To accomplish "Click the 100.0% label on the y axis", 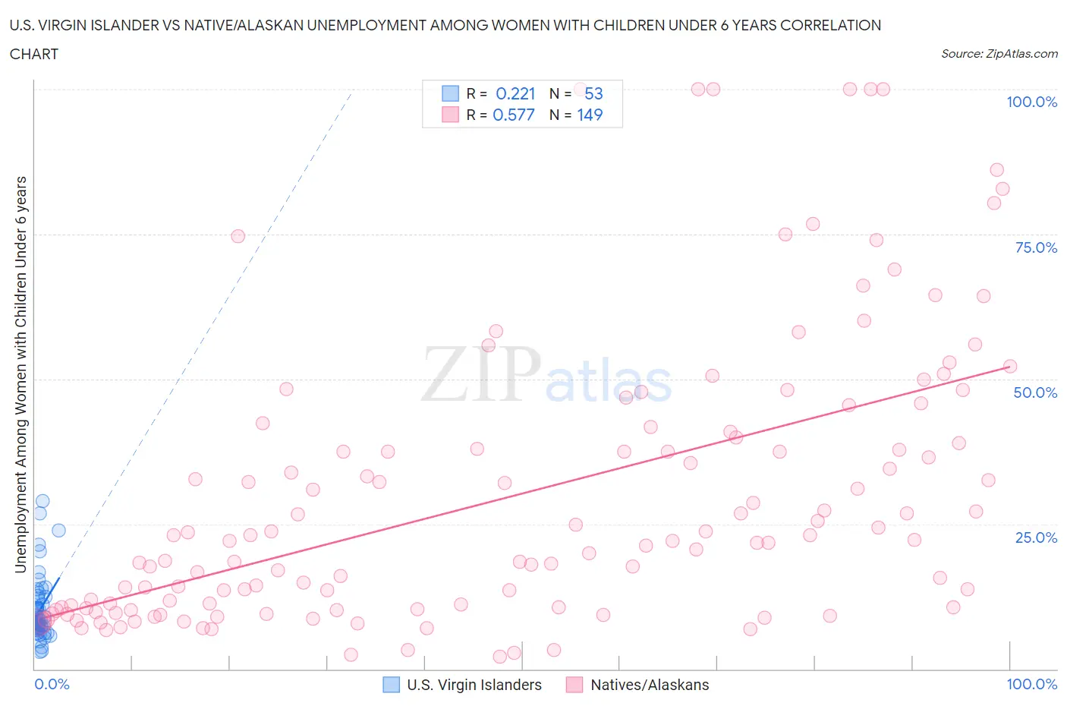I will (1031, 102).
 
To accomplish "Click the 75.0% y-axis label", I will (1036, 247).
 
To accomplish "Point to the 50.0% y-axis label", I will (1035, 392).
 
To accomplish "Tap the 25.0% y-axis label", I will (1036, 537).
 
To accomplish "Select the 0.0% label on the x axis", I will (52, 684).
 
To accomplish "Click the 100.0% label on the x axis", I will (1031, 684).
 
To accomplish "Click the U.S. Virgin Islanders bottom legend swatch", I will (391, 685).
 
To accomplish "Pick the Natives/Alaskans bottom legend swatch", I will (574, 685).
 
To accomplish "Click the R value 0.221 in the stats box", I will (515, 93).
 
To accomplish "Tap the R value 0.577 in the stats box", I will (514, 115).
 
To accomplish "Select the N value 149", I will (590, 115).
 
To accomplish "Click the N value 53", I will (593, 93).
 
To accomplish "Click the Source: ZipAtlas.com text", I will (999, 53).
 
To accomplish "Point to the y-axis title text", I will (20, 374).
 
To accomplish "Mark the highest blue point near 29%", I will (42, 501).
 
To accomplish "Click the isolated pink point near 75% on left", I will (238, 236).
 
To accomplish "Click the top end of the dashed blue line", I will (352, 91).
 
